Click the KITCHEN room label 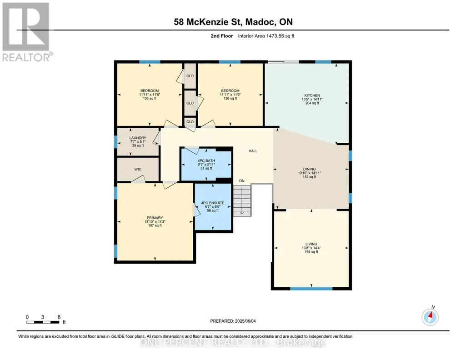pos(312,95)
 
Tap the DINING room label pos(310,169)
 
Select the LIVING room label pos(311,244)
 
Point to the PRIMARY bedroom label pos(155,218)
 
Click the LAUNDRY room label pos(138,138)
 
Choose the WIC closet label pos(138,169)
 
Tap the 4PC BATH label pos(206,161)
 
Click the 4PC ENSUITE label pos(213,203)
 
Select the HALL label pos(253,151)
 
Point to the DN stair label pos(242,180)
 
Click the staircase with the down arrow pos(242,200)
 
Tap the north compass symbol pos(430,317)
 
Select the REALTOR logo pos(26,32)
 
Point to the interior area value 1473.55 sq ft pos(280,36)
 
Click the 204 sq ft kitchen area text pos(312,103)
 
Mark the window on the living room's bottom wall pos(311,289)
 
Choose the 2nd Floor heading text pos(222,36)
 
